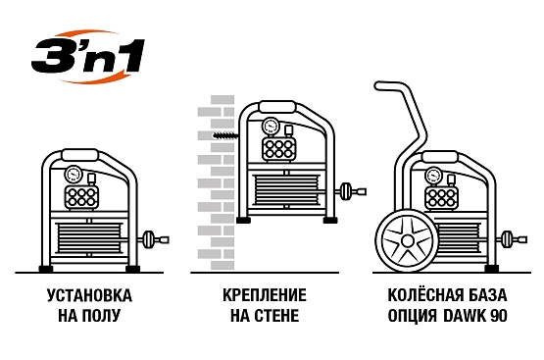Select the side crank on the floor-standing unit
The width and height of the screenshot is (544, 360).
[151, 239]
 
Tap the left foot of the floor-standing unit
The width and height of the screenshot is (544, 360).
[44, 268]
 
